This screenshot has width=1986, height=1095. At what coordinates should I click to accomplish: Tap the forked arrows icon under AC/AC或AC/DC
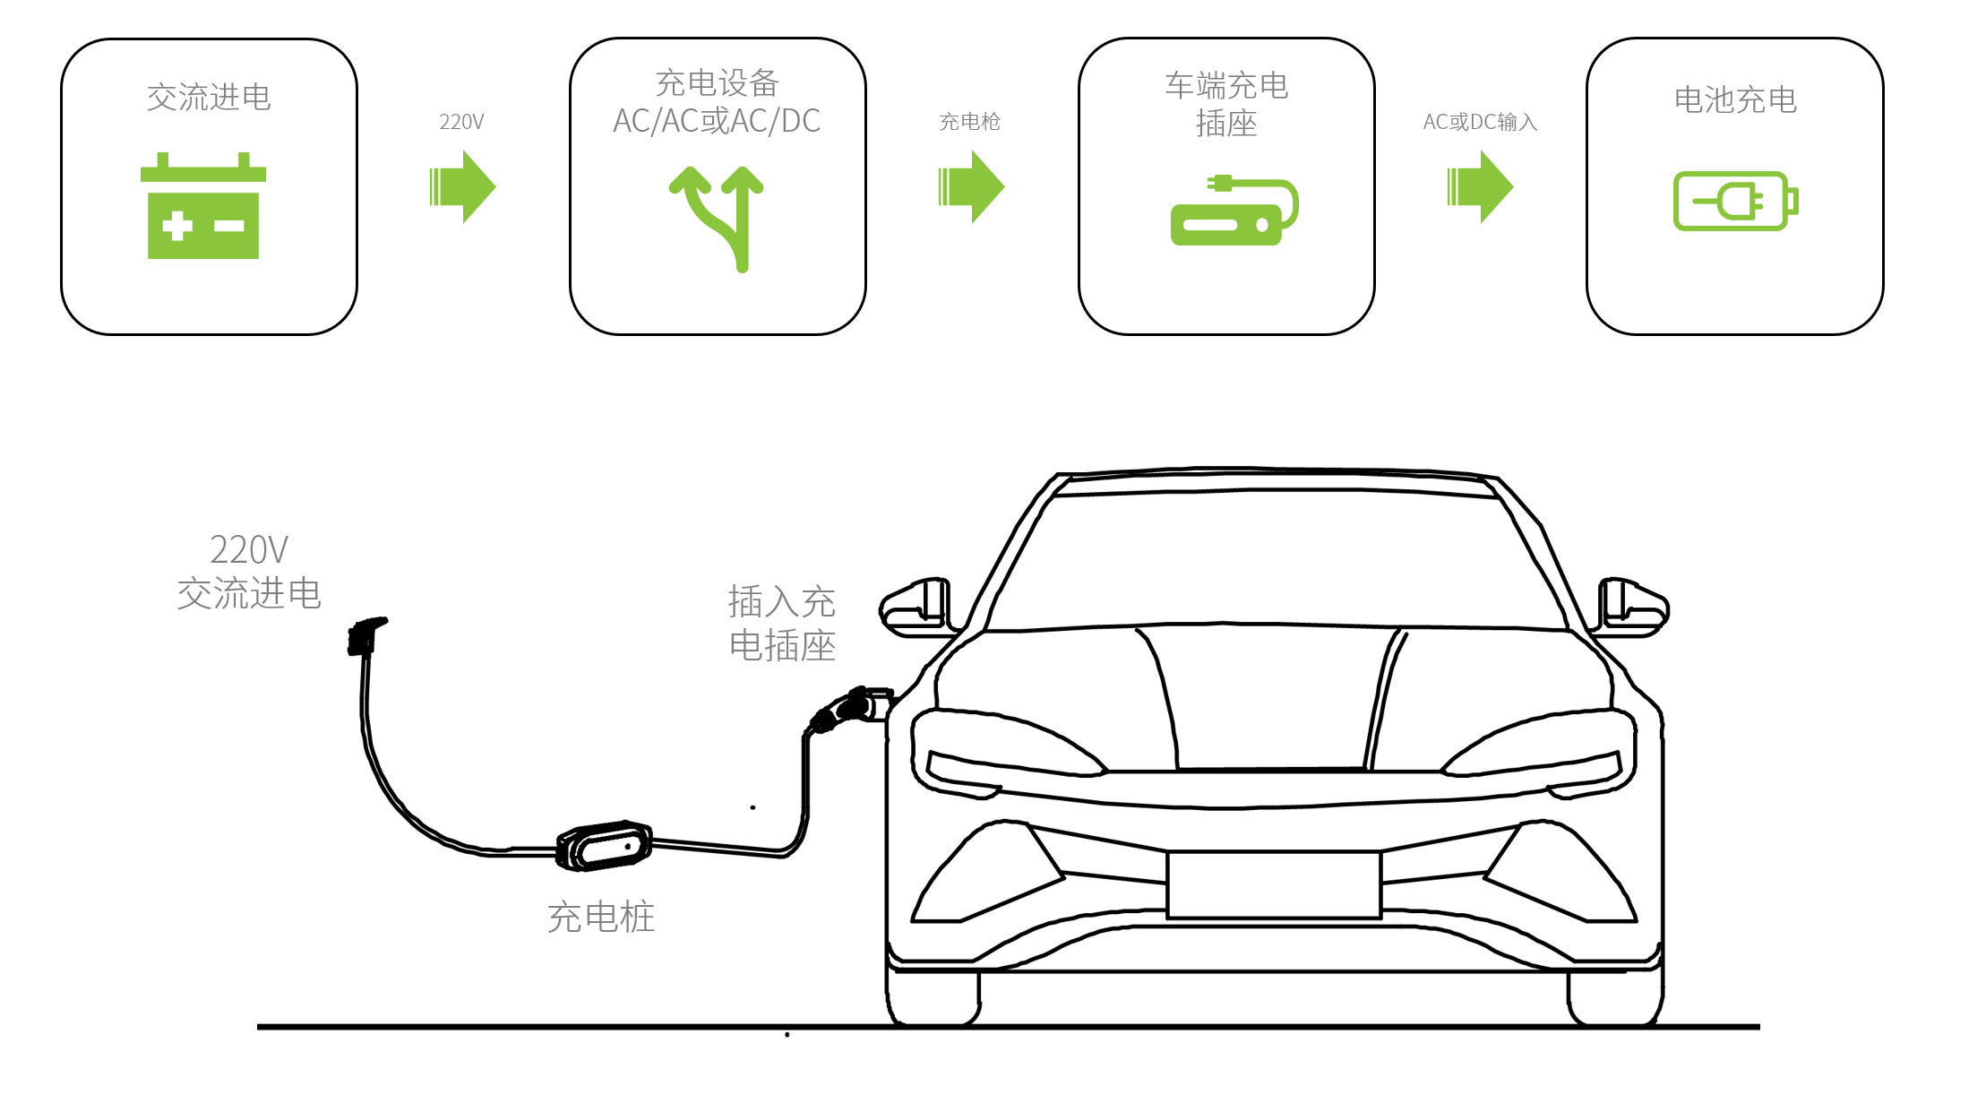click(x=717, y=218)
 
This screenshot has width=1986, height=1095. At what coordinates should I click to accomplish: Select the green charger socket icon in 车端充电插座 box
click(x=1233, y=211)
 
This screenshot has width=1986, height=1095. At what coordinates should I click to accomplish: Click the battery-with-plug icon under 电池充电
click(x=1735, y=201)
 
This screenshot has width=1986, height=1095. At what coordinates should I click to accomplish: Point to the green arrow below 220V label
click(x=462, y=186)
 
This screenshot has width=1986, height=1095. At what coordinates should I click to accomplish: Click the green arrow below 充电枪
click(x=971, y=186)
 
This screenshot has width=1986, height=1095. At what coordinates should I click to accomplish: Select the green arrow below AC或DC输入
click(x=1480, y=186)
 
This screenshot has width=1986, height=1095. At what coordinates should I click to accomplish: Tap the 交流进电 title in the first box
click(x=209, y=97)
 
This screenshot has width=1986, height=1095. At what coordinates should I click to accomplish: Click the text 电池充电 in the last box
click(x=1735, y=99)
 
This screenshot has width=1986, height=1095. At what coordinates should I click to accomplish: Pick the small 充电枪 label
click(x=969, y=122)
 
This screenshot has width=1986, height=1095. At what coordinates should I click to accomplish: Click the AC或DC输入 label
click(x=1480, y=122)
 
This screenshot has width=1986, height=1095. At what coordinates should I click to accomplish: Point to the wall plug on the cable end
click(x=365, y=635)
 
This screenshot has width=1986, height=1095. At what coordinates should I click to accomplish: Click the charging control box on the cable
click(x=604, y=845)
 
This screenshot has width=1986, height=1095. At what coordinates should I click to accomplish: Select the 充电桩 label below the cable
click(x=601, y=918)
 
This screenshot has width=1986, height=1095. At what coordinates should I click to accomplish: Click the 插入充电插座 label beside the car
click(x=782, y=624)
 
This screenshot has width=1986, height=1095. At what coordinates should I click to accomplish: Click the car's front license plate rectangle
click(x=1274, y=885)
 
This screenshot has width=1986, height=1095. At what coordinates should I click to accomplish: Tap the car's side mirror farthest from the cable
click(x=1633, y=608)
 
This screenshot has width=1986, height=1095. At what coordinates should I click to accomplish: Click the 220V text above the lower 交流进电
click(x=249, y=549)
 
